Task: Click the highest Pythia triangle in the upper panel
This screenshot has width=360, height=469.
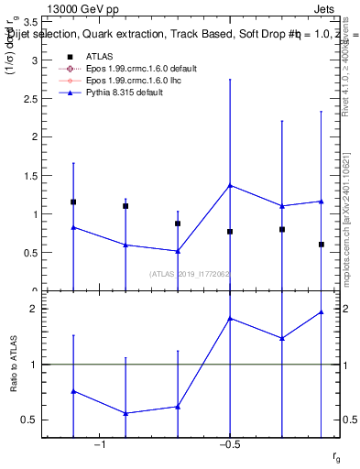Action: click(230, 185)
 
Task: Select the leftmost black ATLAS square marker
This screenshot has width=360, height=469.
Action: click(73, 202)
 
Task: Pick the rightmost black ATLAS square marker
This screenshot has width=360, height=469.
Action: click(322, 245)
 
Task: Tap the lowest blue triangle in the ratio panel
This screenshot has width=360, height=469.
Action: click(125, 413)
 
